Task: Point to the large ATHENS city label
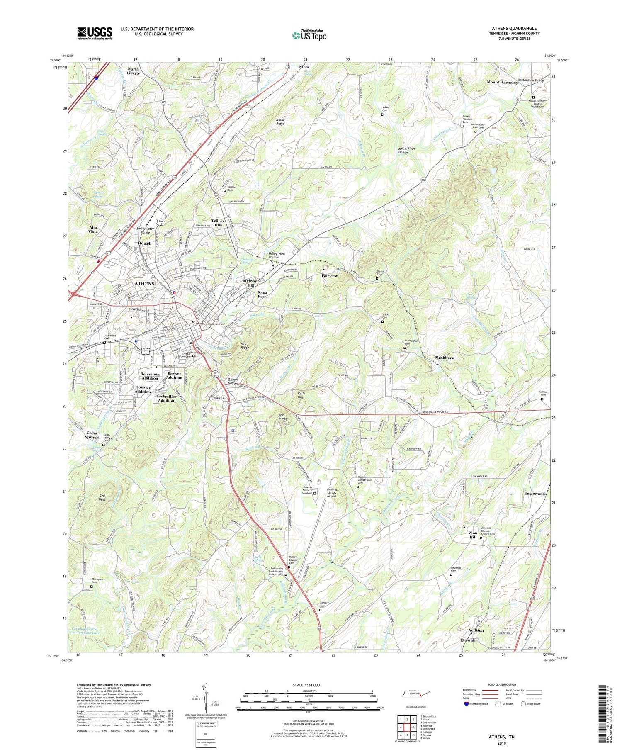click(144, 284)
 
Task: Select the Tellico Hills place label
click(218, 223)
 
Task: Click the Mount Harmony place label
click(502, 82)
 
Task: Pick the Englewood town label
click(534, 494)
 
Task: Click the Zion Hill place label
click(473, 535)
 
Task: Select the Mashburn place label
click(445, 358)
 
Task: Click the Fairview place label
click(330, 276)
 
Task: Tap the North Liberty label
click(133, 71)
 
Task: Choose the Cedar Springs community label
click(92, 435)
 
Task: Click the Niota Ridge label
click(280, 122)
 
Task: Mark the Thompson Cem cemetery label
click(97, 581)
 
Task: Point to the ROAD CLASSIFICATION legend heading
click(498, 684)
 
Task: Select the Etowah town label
click(468, 640)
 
